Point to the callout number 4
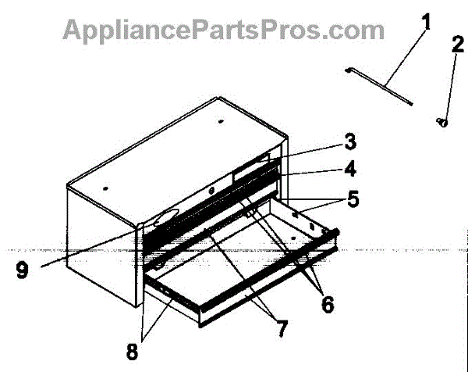[x=351, y=168]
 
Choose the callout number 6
[x=327, y=305]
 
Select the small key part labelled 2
[x=441, y=121]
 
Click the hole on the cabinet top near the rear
[x=220, y=122]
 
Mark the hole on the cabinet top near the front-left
[x=105, y=187]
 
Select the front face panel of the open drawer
[x=265, y=288]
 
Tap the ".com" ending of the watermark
[x=355, y=30]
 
